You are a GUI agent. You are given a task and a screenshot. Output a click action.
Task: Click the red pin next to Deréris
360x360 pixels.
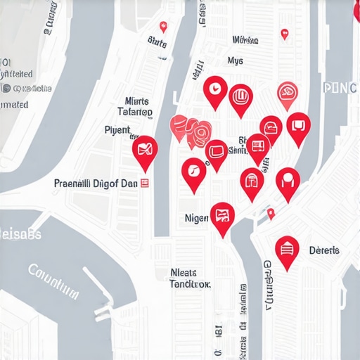coord(287,250)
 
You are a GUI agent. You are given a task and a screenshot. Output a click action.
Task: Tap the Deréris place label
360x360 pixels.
coord(324,250)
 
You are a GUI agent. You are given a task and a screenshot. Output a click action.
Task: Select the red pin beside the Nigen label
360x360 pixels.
coord(222,216)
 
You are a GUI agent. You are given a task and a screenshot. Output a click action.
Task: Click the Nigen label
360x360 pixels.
coord(196,219)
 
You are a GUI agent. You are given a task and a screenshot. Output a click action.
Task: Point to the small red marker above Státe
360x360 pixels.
coord(163,27)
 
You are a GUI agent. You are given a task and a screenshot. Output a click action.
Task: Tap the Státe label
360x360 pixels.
coord(157,44)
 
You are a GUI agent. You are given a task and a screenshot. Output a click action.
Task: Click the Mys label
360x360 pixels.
coord(236,61)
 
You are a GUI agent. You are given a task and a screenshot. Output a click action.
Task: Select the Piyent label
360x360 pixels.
coord(117,130)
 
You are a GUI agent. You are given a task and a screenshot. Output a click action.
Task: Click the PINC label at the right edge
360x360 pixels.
coord(341,88)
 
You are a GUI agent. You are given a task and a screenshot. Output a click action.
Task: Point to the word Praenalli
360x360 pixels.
coord(72,183)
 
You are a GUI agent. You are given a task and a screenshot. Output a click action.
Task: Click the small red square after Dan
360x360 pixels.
coord(145,183)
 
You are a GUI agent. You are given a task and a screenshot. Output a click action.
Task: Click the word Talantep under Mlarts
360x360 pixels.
coord(134,112)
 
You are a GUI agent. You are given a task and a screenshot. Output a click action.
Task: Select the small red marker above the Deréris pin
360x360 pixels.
coord(271,212)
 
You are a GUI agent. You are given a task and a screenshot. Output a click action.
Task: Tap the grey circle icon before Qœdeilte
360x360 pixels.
coord(6,89)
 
